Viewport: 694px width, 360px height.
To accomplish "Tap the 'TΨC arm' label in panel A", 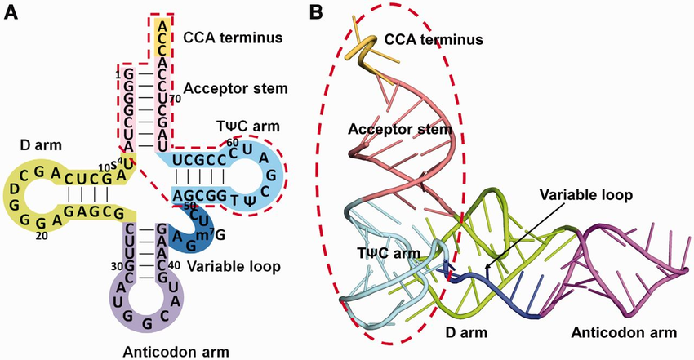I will click(x=239, y=127).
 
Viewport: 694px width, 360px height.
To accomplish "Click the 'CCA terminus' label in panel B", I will click(x=434, y=39).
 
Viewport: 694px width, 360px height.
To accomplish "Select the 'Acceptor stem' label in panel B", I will click(x=399, y=129).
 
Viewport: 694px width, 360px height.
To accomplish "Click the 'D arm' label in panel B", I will click(x=491, y=333).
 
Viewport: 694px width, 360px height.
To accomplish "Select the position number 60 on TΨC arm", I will click(x=233, y=142).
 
